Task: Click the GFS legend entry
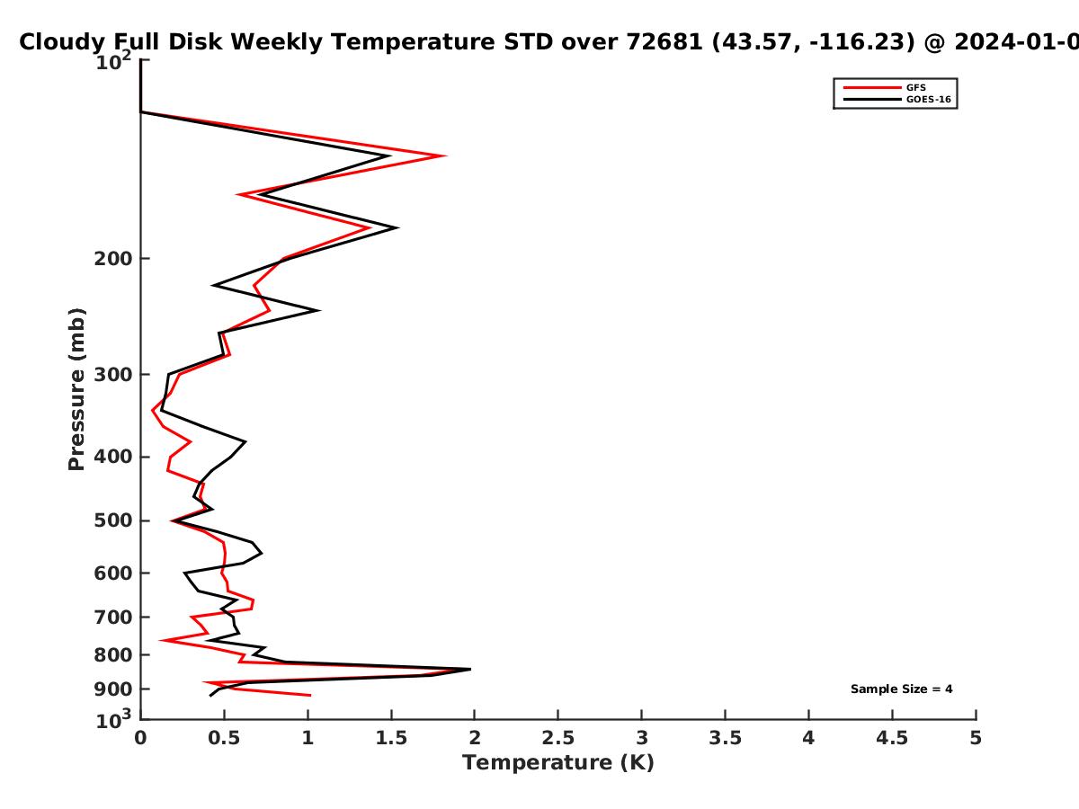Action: [884, 87]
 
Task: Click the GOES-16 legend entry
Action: [896, 99]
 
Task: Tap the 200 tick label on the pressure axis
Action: [113, 258]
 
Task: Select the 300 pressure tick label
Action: [113, 375]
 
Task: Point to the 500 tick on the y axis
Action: [113, 520]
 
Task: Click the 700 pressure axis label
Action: [113, 617]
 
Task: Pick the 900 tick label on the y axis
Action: [113, 689]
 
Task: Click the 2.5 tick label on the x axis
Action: [558, 738]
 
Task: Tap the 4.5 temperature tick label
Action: [892, 738]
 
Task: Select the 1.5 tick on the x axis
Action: [391, 738]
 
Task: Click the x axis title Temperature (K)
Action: [558, 763]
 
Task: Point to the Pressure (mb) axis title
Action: [76, 389]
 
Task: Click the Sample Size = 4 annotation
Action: [902, 689]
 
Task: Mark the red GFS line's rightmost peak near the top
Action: [444, 156]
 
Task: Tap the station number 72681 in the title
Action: [664, 41]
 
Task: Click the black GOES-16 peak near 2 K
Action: [470, 669]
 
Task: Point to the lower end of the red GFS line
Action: [310, 695]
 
